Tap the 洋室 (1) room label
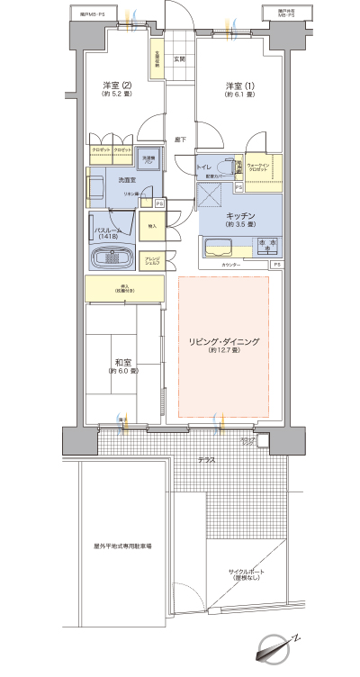[238, 86]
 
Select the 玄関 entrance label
[179, 59]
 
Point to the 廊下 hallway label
[179, 140]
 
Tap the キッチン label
[242, 216]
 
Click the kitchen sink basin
[220, 248]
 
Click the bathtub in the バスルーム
[112, 258]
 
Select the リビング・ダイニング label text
[224, 342]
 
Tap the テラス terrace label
[207, 460]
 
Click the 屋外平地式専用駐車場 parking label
[123, 546]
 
